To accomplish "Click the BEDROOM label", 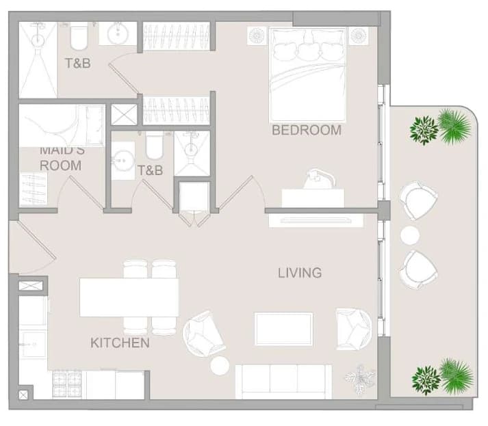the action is click(307, 130).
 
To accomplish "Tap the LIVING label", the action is click(300, 273).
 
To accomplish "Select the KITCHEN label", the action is click(120, 343).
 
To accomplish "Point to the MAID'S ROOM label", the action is click(62, 159).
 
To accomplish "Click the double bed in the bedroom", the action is click(308, 75).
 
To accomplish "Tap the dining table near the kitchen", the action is click(129, 297).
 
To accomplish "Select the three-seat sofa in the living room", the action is click(283, 382).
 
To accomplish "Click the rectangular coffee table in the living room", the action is click(283, 329).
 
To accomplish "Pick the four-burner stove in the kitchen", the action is click(67, 384).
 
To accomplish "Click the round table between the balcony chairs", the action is click(409, 235).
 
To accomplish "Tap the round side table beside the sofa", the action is click(220, 365).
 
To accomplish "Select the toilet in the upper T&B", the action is click(79, 37).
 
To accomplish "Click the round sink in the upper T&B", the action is click(118, 34).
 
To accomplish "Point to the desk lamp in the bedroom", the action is click(320, 178).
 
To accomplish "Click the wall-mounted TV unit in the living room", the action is click(316, 220).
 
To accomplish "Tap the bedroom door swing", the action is click(241, 193).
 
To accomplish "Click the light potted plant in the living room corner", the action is click(361, 380).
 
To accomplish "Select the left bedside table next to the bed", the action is click(257, 36).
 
